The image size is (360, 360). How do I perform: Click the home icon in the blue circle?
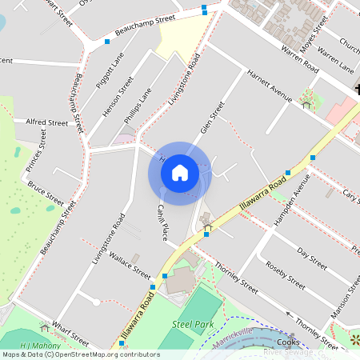pos(180,172)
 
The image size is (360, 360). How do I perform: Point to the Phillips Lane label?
pos(138,106)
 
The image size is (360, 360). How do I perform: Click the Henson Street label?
pos(118,95)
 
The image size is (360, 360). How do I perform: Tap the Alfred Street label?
pos(47,122)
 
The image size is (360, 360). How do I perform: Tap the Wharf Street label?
pos(70,327)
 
